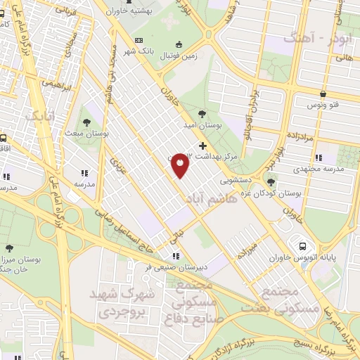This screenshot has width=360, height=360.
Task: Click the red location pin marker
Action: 180,165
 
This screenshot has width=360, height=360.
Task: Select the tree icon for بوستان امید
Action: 202,112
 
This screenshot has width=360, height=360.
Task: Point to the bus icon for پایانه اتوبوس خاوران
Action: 302,246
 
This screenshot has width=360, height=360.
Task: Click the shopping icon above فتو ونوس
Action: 322,93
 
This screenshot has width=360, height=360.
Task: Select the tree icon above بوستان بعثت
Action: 88,111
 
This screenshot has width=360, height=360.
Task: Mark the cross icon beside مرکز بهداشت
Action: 203,146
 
